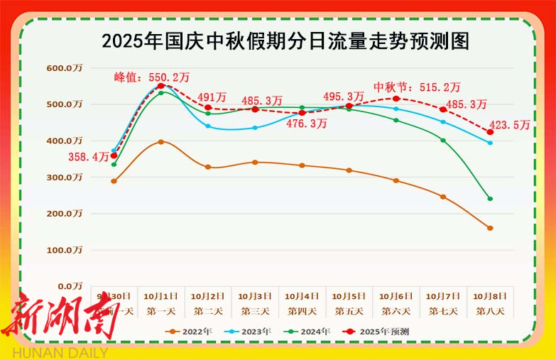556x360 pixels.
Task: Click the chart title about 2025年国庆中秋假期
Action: pyautogui.click(x=285, y=41)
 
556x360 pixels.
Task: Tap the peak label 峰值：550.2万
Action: pyautogui.click(x=152, y=77)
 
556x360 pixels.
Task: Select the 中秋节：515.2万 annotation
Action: pyautogui.click(x=418, y=87)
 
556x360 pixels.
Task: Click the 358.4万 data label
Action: pyautogui.click(x=89, y=157)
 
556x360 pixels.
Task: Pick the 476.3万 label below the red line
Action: pyautogui.click(x=307, y=124)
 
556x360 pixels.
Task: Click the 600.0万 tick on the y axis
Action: pyautogui.click(x=66, y=68)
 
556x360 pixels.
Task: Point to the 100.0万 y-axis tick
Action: pyautogui.click(x=66, y=250)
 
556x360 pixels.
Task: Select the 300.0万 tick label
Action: pyautogui.click(x=66, y=177)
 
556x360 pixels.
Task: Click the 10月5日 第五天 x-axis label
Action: pyautogui.click(x=349, y=303)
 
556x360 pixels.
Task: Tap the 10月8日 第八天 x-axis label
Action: pyautogui.click(x=490, y=303)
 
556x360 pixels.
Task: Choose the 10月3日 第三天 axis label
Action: pyautogui.click(x=255, y=303)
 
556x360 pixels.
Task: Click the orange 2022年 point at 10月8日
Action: pyautogui.click(x=490, y=228)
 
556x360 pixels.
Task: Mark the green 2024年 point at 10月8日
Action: pyautogui.click(x=490, y=199)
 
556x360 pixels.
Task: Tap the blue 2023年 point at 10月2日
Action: pyautogui.click(x=208, y=126)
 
